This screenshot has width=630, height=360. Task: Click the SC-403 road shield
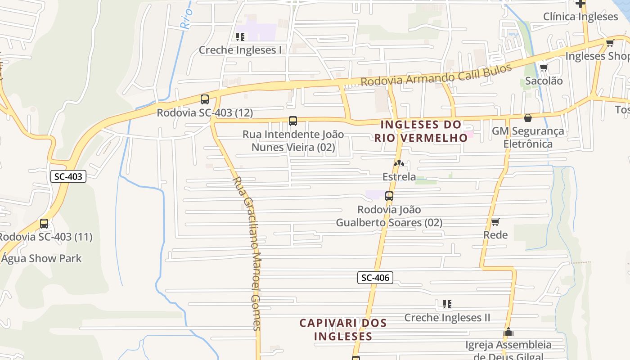tap(68, 176)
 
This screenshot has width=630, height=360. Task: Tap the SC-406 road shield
tap(375, 278)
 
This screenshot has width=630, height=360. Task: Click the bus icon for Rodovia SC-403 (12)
tap(205, 99)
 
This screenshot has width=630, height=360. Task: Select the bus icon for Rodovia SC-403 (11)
tap(44, 224)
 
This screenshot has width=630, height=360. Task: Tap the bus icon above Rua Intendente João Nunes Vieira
tap(293, 121)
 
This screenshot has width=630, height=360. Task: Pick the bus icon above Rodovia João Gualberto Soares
tap(389, 196)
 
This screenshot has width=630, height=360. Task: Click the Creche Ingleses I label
tap(240, 50)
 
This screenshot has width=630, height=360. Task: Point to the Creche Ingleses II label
tap(447, 318)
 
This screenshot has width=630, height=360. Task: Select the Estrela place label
tap(399, 177)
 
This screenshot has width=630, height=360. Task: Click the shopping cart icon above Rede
tap(495, 222)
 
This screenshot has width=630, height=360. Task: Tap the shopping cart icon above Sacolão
tap(544, 68)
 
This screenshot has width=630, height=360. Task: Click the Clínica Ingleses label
tap(580, 17)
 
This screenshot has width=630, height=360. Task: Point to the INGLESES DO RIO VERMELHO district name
tap(421, 131)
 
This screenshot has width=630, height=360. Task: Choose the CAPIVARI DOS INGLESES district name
tap(343, 329)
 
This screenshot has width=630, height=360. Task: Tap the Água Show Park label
tap(41, 259)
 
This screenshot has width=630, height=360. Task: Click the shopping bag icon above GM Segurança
tap(528, 118)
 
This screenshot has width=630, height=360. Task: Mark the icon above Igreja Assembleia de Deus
tap(508, 332)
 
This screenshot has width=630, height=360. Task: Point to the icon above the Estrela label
tap(399, 163)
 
